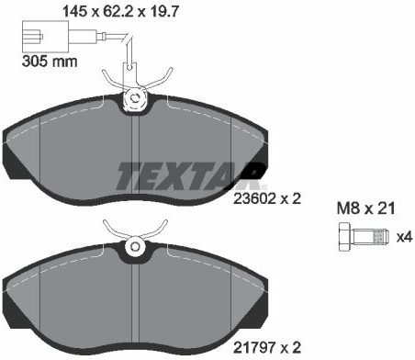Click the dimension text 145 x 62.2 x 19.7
coord(120,12)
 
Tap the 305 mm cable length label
coord(50,62)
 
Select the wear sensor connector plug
coord(45,37)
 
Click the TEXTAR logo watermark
coord(191,175)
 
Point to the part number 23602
coord(254,199)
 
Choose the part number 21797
coord(254,348)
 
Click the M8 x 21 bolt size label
coord(366,208)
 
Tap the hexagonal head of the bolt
coord(345,237)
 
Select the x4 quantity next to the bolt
coord(405,237)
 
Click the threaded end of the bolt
coord(381,237)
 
